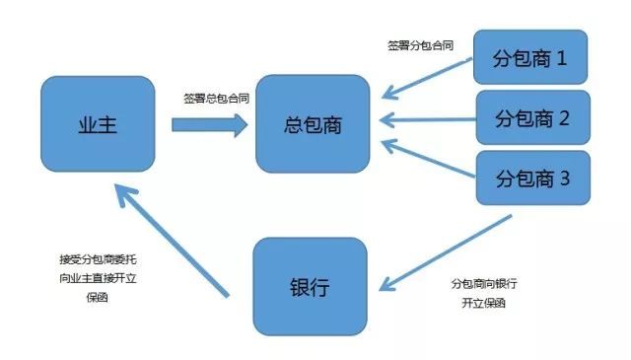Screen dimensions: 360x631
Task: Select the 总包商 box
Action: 312,126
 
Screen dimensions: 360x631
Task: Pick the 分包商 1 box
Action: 530,58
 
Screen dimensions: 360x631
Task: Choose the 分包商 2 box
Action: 531,119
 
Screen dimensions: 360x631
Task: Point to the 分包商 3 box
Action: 531,180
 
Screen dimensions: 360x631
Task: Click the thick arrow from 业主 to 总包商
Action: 209,125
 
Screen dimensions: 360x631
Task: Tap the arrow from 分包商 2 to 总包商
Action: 428,121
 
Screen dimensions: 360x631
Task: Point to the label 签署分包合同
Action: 421,45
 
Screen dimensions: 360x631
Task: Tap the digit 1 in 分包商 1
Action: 562,58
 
